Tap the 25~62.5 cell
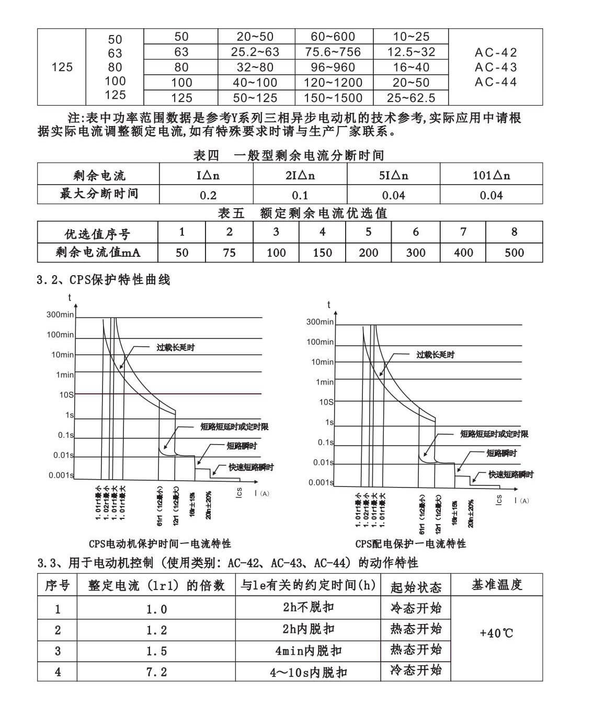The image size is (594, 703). [411, 98]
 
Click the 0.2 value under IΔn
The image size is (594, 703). [208, 195]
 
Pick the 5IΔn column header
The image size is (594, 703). [393, 175]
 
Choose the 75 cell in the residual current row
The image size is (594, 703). [229, 253]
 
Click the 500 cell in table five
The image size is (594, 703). [514, 253]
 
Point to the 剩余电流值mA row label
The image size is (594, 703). [98, 253]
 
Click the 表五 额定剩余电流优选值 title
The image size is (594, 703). [302, 213]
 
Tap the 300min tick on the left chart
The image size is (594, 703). [60, 314]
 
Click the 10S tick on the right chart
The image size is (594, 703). [326, 402]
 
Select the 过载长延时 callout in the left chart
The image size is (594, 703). [176, 347]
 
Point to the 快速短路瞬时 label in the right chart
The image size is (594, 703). [511, 474]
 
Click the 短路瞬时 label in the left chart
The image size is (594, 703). [242, 446]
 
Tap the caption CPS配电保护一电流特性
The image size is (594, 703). [410, 544]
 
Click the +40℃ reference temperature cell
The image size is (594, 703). [496, 633]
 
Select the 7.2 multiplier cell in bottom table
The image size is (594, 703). [156, 672]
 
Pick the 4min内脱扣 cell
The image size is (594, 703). [308, 651]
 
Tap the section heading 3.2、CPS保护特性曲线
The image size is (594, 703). [104, 280]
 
